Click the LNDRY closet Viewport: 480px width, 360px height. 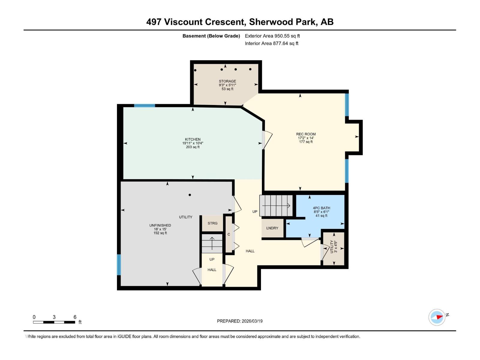272,228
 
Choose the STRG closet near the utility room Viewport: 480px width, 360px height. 212,223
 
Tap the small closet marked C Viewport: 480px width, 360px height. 229,234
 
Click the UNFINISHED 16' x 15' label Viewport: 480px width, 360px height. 160,229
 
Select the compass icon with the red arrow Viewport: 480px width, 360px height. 437,317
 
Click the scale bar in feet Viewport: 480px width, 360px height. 54,322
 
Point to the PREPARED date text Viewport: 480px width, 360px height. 240,321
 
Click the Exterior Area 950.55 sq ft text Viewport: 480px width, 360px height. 272,36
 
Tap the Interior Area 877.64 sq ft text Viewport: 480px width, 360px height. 271,43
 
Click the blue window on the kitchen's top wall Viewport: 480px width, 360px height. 144,106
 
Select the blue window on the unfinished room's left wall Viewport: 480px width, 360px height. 119,265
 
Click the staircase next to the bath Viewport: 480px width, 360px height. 276,205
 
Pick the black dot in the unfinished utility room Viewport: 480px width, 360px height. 190,195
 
